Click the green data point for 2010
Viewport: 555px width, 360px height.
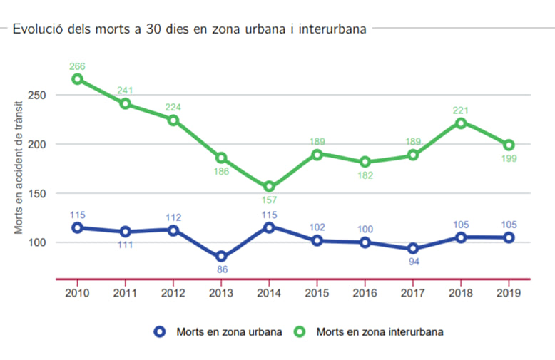(77, 79)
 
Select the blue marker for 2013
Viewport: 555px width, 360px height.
(221, 257)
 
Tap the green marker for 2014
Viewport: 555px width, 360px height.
(269, 187)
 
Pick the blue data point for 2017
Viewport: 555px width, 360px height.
(413, 249)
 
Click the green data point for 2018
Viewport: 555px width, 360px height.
(461, 123)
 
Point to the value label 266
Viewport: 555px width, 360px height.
(77, 66)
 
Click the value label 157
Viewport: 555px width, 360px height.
(269, 200)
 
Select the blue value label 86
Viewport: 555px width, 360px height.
(221, 270)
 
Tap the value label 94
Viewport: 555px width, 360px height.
(413, 262)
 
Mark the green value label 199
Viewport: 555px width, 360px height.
(509, 158)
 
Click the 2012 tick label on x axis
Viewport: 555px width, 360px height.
(173, 292)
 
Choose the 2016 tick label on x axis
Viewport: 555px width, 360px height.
(365, 292)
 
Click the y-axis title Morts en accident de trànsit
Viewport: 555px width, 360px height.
(19, 168)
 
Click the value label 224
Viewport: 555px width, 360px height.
(173, 108)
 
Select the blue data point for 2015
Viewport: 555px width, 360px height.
(317, 241)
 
